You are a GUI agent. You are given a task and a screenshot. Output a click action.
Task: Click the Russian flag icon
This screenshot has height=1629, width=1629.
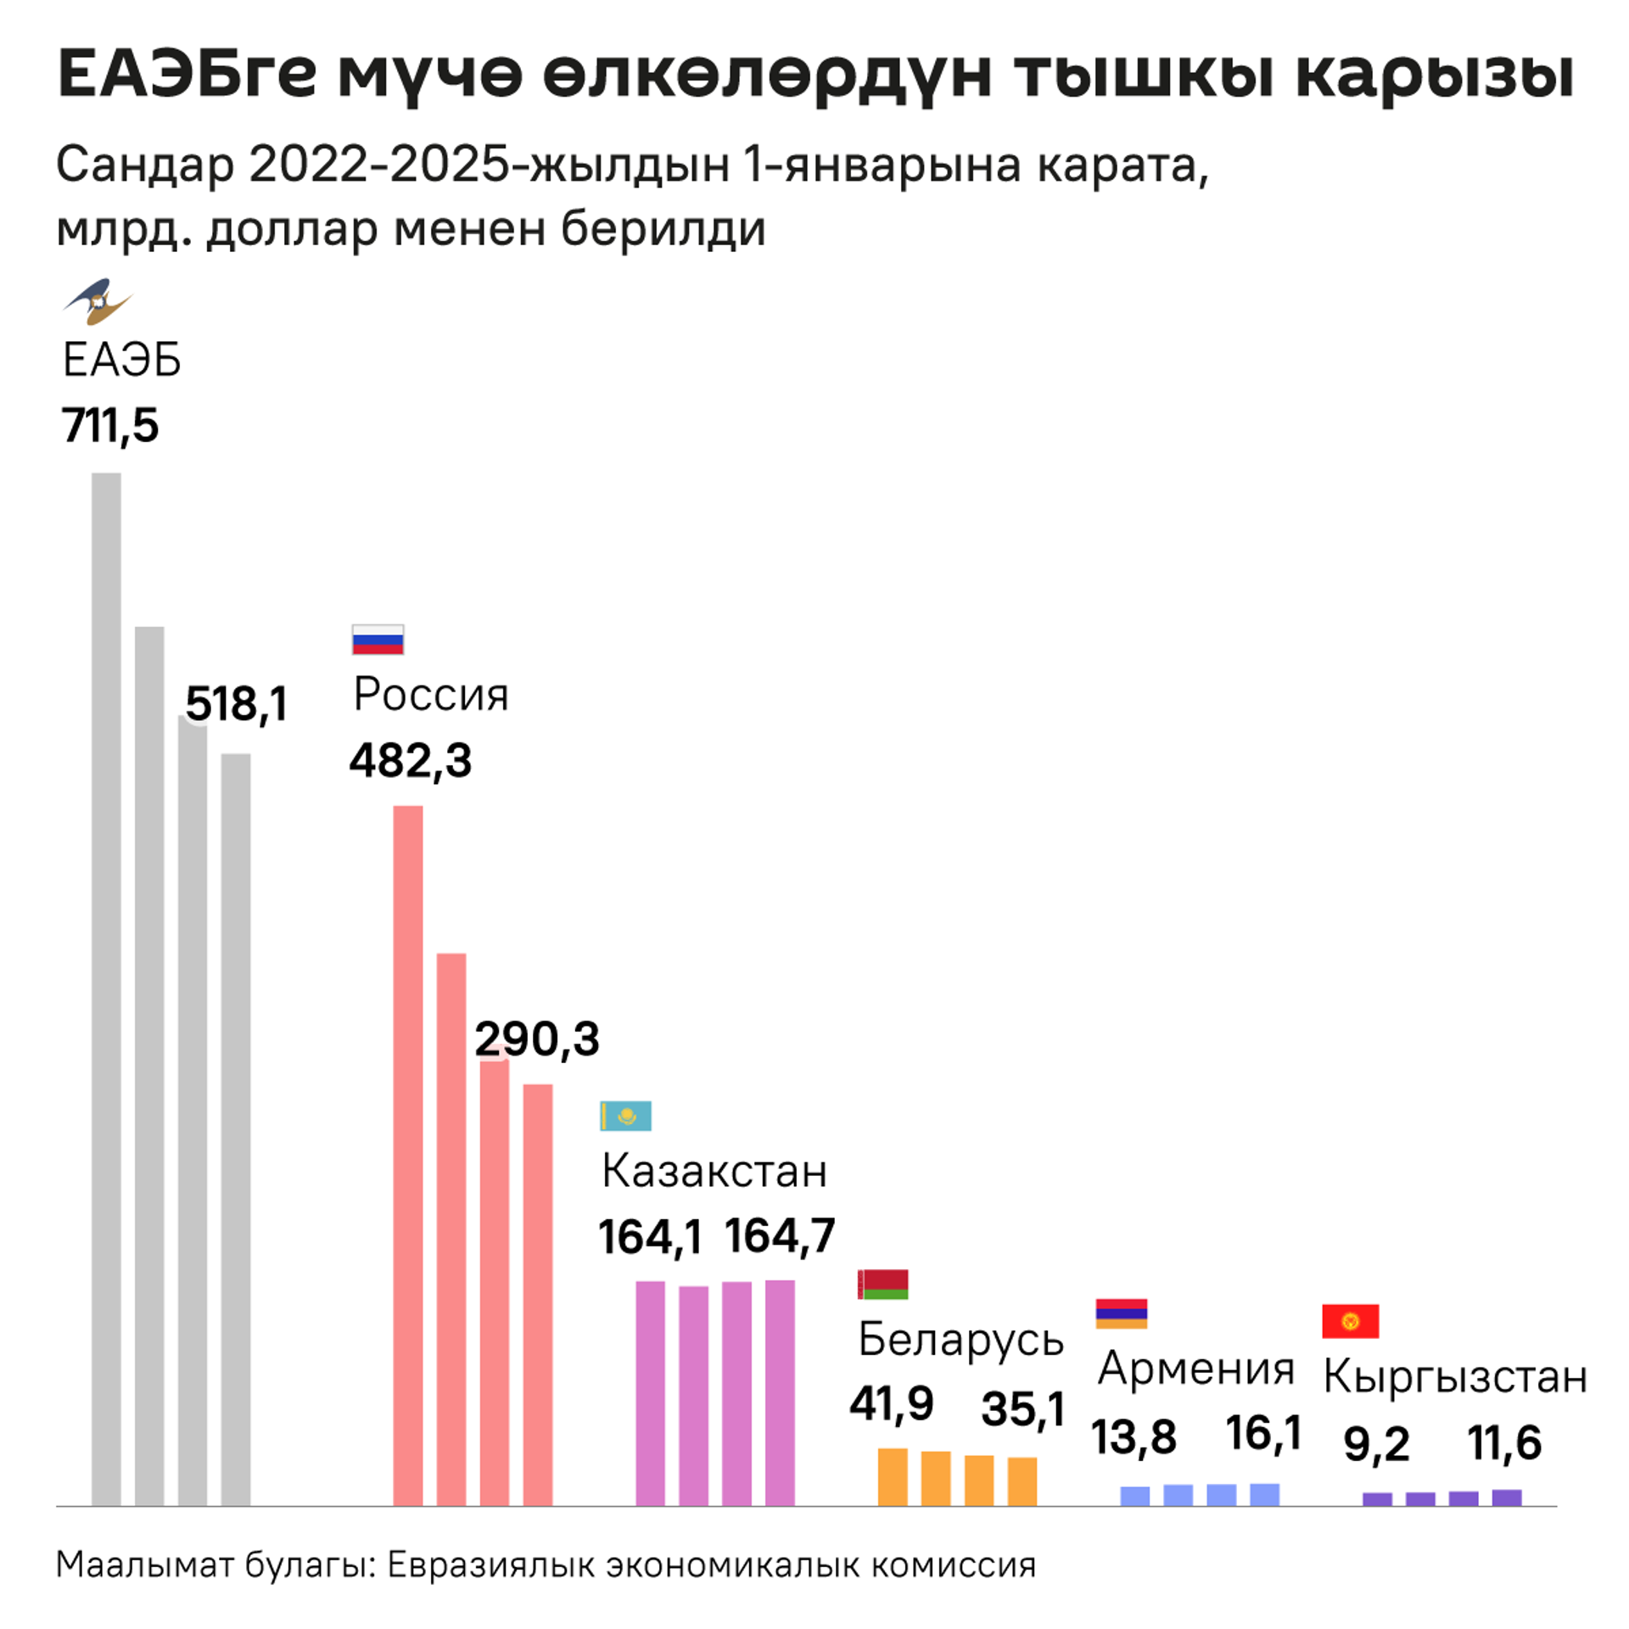[x=378, y=640]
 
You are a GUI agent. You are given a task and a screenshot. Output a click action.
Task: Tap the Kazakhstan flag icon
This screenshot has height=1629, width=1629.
[x=625, y=1116]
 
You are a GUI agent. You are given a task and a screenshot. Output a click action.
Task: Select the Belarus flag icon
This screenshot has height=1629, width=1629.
[x=883, y=1285]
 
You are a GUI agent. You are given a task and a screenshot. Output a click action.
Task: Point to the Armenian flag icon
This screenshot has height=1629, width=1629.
[x=1121, y=1313]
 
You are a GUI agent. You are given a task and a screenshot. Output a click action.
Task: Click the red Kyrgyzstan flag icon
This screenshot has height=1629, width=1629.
[x=1350, y=1321]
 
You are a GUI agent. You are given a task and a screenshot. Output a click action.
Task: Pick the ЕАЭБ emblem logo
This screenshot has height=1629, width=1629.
[x=98, y=301]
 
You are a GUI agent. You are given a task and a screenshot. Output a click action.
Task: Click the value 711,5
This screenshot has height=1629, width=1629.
[x=109, y=425]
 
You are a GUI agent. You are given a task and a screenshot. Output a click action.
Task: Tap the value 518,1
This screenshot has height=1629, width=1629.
[x=237, y=703]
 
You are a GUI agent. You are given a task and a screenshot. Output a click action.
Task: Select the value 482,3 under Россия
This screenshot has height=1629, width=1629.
[x=411, y=759]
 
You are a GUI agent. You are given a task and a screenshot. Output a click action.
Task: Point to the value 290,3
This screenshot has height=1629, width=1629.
[x=537, y=1038]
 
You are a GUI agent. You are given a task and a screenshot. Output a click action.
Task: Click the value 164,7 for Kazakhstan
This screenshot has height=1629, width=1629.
[x=780, y=1235]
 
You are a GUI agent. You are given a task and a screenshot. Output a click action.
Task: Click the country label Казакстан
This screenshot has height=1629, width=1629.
[x=714, y=1171]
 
